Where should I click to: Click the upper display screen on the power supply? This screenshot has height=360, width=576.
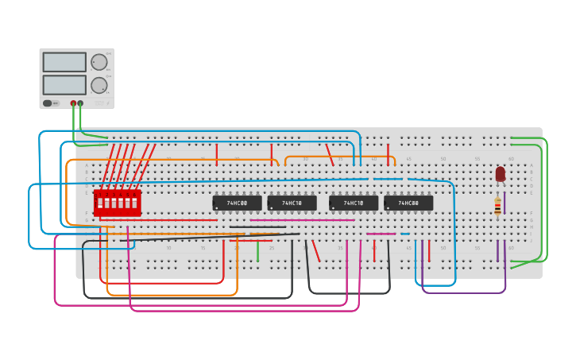[x=64, y=62]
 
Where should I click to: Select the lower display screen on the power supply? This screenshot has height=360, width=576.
[x=64, y=84]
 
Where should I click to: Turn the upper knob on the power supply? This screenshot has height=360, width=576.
[x=99, y=62]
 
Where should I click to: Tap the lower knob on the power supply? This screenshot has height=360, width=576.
[x=99, y=85]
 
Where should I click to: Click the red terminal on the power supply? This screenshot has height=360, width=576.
[x=73, y=103]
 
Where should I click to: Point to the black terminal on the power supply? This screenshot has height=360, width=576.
[x=80, y=103]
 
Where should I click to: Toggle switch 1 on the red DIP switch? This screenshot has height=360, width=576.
[x=99, y=203]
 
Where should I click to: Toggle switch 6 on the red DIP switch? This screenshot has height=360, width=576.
[x=134, y=203]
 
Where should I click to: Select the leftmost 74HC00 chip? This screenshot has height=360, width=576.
[x=237, y=203]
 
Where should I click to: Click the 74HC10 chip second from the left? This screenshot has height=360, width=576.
[x=292, y=203]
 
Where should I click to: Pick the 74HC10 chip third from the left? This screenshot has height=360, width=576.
[x=354, y=203]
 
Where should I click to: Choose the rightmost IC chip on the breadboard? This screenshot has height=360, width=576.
[x=408, y=203]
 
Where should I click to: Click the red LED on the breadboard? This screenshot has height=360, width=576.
[x=500, y=173]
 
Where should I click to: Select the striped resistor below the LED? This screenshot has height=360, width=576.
[x=497, y=207]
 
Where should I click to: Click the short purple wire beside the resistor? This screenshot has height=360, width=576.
[x=504, y=202]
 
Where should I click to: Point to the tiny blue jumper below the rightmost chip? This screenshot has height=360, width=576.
[x=404, y=234]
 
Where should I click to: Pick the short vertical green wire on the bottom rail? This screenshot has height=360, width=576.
[x=257, y=252]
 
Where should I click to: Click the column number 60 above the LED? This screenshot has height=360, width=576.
[x=511, y=159]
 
